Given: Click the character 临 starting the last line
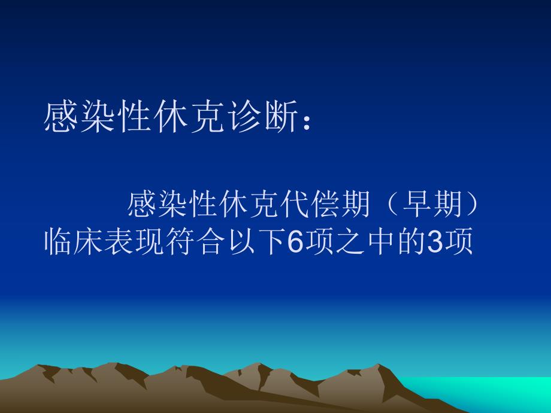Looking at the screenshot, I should tap(59, 243).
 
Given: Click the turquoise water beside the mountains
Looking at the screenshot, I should tap(515, 389).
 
